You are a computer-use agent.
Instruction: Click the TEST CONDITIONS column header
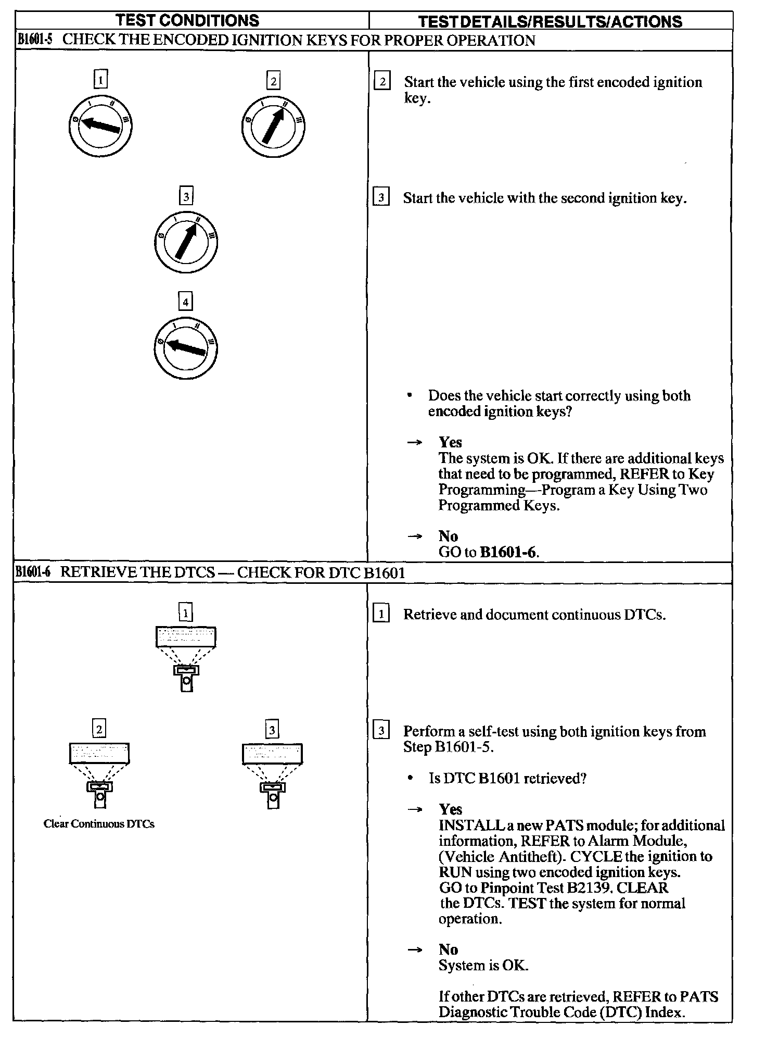pyautogui.click(x=187, y=20)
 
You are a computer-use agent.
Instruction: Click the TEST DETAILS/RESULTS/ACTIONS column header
pyautogui.click(x=550, y=21)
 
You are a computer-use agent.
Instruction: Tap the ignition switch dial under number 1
pyautogui.click(x=100, y=126)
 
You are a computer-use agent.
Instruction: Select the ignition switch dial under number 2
pyautogui.click(x=273, y=127)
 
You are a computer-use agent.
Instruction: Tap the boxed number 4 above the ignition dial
pyautogui.click(x=185, y=302)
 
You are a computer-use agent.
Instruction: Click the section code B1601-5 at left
pyautogui.click(x=34, y=40)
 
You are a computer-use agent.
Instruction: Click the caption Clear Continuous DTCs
pyautogui.click(x=99, y=824)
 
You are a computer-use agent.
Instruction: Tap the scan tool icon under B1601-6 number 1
pyautogui.click(x=186, y=659)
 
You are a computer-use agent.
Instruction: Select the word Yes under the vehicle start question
pyautogui.click(x=450, y=442)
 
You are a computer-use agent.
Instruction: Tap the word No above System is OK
pyautogui.click(x=448, y=949)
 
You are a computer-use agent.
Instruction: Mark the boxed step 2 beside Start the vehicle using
pyautogui.click(x=382, y=82)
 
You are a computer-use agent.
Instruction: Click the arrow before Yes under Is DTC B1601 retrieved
pyautogui.click(x=415, y=810)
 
